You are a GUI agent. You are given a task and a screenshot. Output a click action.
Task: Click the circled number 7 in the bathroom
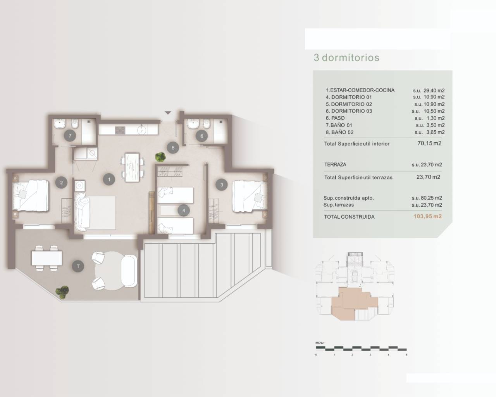coord(70,136)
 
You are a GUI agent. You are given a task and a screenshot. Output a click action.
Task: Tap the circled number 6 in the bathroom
coord(202,136)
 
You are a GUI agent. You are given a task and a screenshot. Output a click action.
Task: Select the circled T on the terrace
coord(78,266)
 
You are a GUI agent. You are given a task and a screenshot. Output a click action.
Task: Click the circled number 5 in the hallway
coord(173,147)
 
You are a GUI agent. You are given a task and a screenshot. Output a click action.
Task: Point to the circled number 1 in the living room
coord(109,179)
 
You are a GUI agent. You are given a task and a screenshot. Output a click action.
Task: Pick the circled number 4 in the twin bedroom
coord(184,211)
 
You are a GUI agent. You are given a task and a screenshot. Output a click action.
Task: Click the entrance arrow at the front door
coord(168,113)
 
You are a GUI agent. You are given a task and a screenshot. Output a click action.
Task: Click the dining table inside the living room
coord(132,167)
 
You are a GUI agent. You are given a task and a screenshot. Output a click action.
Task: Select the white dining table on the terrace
coord(47,258)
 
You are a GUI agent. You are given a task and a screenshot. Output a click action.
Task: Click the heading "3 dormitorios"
coord(346,58)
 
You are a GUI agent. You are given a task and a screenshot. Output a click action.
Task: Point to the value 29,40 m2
coord(429,90)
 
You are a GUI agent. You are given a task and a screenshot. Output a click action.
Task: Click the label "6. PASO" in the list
coord(335,118)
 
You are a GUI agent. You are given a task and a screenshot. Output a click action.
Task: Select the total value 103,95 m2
coord(427,217)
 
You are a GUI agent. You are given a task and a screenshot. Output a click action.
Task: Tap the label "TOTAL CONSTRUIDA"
coord(349,217)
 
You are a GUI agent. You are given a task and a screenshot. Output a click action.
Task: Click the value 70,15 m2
coord(429,143)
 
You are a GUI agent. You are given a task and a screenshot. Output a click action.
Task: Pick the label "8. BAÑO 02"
coord(339,132)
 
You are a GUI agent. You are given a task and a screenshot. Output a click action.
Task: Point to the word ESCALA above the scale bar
coord(320,343)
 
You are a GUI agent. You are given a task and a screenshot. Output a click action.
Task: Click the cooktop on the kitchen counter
coord(121,129)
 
